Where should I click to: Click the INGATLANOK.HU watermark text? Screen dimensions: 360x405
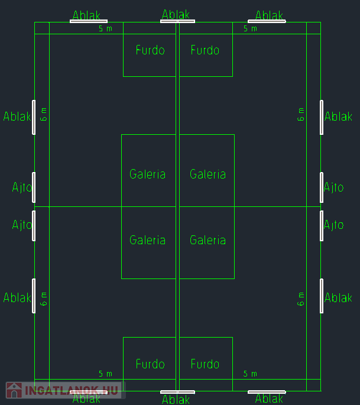point(72,390)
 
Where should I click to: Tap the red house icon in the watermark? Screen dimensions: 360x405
point(14,390)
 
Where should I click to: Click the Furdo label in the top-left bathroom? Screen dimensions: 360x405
point(150,50)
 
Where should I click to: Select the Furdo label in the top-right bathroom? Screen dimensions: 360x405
point(205,50)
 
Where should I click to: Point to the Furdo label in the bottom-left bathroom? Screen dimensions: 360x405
point(150,364)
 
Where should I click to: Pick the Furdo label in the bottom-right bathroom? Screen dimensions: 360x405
point(205,364)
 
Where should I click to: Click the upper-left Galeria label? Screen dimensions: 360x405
point(147,174)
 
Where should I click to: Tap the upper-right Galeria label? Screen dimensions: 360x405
point(207,174)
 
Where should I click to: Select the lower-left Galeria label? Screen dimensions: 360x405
point(147,240)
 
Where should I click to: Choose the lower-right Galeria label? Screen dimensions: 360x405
point(207,240)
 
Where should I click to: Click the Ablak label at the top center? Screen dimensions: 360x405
point(176,14)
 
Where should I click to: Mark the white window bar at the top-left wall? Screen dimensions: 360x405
point(89,21)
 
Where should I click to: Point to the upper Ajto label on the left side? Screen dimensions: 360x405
point(22,187)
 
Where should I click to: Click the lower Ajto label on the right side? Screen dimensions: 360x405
point(333,225)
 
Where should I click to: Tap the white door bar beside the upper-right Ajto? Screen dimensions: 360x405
point(322,187)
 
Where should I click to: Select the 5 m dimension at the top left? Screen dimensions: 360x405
point(105,28)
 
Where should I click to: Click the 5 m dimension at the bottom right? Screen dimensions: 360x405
point(250,374)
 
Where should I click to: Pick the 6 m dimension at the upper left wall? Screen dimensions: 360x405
point(43,115)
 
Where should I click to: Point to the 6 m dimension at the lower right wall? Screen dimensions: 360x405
point(301,299)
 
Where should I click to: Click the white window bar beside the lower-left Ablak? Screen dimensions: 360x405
point(34,296)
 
